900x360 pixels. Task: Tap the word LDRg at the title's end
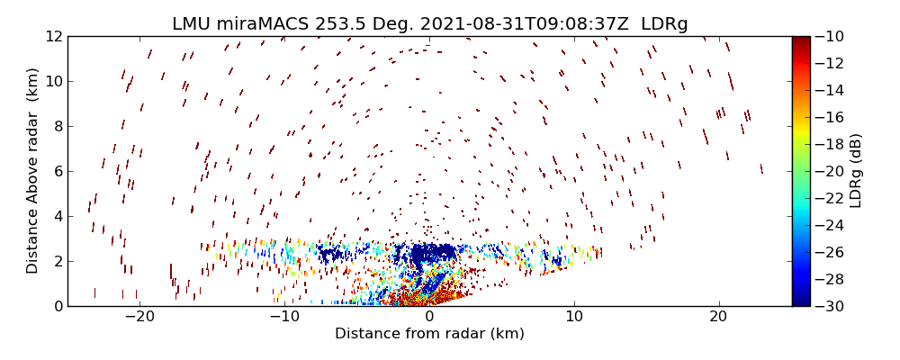(x=664, y=24)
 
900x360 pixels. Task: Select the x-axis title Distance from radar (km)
(x=429, y=334)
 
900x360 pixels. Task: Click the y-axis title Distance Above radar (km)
(x=32, y=171)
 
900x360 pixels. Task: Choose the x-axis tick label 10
(x=573, y=317)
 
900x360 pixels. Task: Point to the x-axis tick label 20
(x=718, y=317)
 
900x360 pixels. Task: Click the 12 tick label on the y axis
(x=52, y=36)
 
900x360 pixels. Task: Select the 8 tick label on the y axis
(x=56, y=126)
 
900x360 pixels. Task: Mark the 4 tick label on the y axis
(x=56, y=216)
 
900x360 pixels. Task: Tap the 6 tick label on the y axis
(x=56, y=171)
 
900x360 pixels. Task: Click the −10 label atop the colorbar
(x=830, y=36)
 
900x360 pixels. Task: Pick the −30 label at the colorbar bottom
(x=830, y=306)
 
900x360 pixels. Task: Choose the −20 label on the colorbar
(x=830, y=171)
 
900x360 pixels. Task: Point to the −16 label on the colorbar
(x=830, y=117)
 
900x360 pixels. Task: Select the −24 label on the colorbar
(x=830, y=225)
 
